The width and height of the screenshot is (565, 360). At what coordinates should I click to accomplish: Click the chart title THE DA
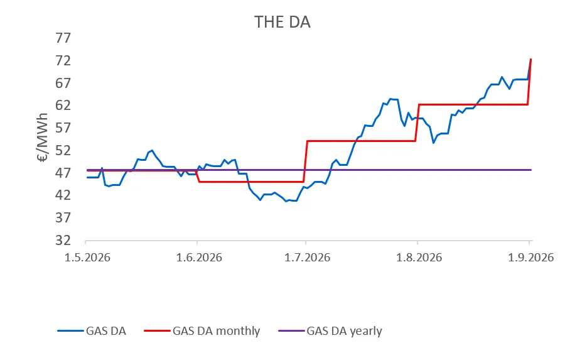coord(282,22)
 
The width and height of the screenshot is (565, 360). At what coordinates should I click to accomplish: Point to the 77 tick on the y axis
coord(63,38)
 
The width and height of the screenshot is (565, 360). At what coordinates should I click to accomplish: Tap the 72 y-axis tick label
coord(63,60)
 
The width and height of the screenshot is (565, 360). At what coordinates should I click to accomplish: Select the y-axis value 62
coord(63,106)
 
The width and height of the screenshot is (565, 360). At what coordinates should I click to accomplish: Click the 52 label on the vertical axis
coord(63,150)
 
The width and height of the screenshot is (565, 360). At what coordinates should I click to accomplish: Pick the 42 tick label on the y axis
coord(63,195)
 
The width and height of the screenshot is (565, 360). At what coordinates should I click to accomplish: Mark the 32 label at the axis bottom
coord(63,240)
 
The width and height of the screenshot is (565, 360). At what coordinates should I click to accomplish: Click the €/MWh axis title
coord(42,138)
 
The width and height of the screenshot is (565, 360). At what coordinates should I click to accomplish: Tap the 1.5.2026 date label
coord(87,257)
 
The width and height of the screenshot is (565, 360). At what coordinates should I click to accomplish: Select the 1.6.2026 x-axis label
coord(199,257)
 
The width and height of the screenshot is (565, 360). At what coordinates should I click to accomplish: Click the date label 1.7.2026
coord(307,257)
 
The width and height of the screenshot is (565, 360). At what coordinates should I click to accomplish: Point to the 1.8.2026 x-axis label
coord(419,257)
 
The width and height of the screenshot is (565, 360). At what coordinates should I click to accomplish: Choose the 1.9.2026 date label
coord(530,257)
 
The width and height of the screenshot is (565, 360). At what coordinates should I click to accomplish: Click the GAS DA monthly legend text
coord(216,330)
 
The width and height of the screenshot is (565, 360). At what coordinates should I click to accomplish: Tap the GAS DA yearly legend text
coord(344,330)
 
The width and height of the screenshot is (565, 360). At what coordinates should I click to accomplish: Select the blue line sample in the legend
coord(70,330)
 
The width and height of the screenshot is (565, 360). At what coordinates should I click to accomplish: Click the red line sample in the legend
coord(157,330)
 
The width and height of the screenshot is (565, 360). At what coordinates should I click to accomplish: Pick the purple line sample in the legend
coord(291,330)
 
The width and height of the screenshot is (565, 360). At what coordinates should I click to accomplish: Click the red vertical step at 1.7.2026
coord(306,161)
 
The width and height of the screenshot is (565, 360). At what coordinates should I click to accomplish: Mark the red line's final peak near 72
coord(530,60)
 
